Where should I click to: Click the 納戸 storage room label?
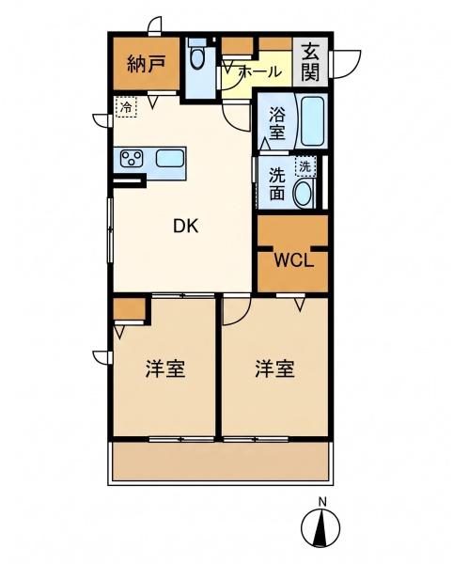pos(146,64)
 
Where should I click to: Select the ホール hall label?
pos(260,72)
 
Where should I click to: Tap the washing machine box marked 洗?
pos(305,166)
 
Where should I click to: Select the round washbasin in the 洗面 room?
pos(305,193)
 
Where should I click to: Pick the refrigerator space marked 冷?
pos(126,107)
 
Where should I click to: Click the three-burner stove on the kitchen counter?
pos(132,158)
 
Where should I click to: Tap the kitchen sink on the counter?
pos(170,158)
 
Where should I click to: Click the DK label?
pos(185,227)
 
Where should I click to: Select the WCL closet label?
pos(294,260)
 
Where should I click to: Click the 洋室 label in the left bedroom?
pos(165,368)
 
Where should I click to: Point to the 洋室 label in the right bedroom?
pos(275,368)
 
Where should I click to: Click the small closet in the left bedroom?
pos(129,309)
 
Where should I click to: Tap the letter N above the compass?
pos(323,501)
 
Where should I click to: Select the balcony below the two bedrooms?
pos(221,462)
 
